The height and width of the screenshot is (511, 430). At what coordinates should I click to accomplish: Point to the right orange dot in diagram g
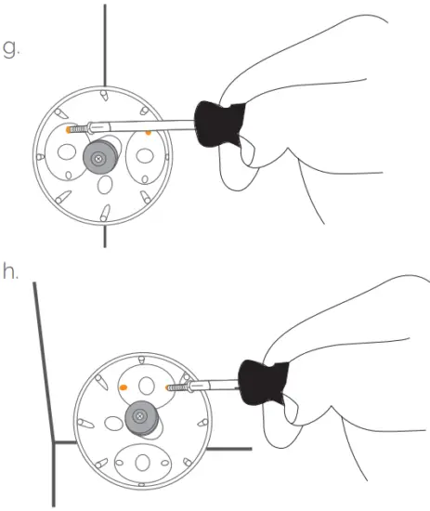pyautogui.click(x=148, y=133)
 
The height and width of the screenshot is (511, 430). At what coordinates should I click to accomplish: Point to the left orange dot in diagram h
pyautogui.click(x=123, y=387)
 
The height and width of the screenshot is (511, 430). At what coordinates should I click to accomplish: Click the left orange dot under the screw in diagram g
pyautogui.click(x=70, y=132)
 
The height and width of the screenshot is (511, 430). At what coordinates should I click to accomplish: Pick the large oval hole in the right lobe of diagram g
pyautogui.click(x=145, y=150)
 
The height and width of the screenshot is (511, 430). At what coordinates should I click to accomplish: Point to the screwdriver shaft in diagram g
pyautogui.click(x=149, y=126)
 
